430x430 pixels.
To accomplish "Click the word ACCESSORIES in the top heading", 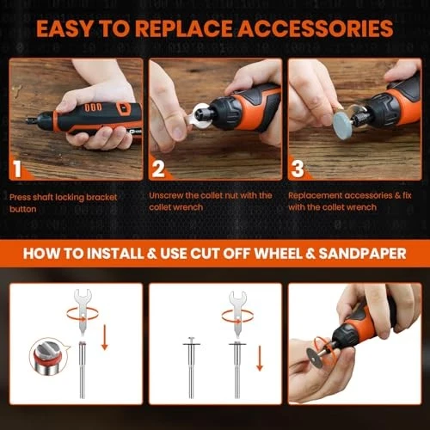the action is (x=316, y=28).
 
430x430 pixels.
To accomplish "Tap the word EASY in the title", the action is (x=64, y=28).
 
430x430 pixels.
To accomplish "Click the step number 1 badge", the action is (x=17, y=169).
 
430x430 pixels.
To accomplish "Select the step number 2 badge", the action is (x=158, y=169).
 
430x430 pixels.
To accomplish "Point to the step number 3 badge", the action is (x=298, y=169).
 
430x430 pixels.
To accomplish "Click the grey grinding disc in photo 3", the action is (x=344, y=126).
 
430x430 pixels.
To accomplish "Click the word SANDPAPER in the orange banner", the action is (x=362, y=254).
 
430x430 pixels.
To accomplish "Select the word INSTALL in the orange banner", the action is (x=115, y=254).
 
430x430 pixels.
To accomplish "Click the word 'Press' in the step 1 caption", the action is (x=20, y=197).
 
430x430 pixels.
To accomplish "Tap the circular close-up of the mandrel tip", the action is (x=48, y=356).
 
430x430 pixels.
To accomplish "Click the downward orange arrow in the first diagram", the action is (x=105, y=337).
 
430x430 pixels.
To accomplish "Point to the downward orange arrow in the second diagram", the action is (x=260, y=359).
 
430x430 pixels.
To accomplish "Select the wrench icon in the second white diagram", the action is (x=237, y=316).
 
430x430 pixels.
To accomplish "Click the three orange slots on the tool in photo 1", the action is (x=93, y=107).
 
